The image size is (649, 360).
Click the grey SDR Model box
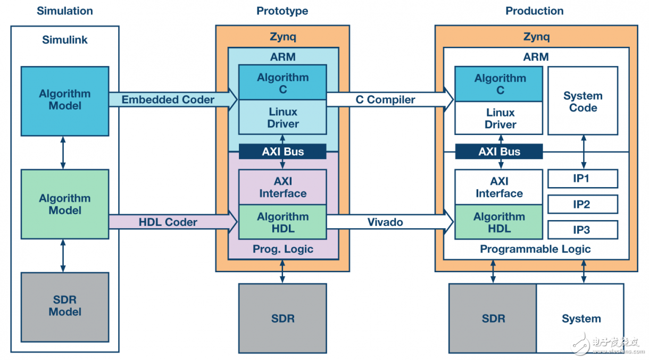(x=65, y=306)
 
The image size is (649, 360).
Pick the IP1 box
(x=583, y=179)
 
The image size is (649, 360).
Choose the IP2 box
(x=583, y=204)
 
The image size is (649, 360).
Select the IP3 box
(x=583, y=230)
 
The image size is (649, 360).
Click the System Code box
(x=583, y=101)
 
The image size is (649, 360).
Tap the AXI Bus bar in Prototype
(x=282, y=152)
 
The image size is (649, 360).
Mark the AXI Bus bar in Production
(x=499, y=152)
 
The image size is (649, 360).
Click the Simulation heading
(x=65, y=11)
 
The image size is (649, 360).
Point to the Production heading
(x=534, y=11)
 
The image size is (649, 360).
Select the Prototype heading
(x=282, y=11)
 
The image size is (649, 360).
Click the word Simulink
(x=65, y=40)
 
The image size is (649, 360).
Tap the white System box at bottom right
(x=580, y=319)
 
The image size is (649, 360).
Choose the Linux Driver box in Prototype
(x=282, y=118)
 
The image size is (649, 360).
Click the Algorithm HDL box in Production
(x=499, y=223)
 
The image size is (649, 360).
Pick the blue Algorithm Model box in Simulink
(x=65, y=100)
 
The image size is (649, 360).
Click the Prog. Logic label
(x=282, y=249)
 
